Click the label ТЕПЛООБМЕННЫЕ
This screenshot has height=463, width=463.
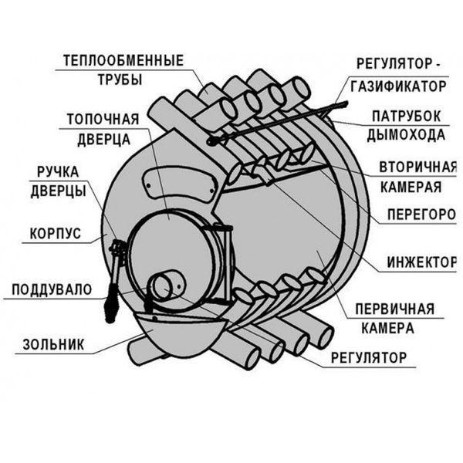[123, 60]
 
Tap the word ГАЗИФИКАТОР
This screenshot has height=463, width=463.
[398, 86]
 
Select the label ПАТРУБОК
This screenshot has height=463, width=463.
[407, 116]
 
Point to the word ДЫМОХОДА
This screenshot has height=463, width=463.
[406, 135]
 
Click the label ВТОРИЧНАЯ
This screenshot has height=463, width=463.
[417, 167]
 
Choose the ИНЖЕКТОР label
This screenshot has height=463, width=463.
[421, 262]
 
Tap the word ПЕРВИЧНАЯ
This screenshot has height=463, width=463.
[395, 309]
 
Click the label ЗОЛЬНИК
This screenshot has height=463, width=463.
[53, 344]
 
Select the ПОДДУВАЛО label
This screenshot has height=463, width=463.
[52, 289]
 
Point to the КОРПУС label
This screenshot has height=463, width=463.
[56, 234]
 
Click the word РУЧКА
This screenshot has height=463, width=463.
[58, 172]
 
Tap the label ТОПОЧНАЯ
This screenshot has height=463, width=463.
[103, 120]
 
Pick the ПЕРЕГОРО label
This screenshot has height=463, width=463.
[421, 215]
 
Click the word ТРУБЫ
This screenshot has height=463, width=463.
[120, 79]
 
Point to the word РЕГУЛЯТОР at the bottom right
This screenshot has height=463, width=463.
[369, 357]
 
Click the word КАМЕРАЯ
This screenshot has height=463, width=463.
[411, 187]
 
